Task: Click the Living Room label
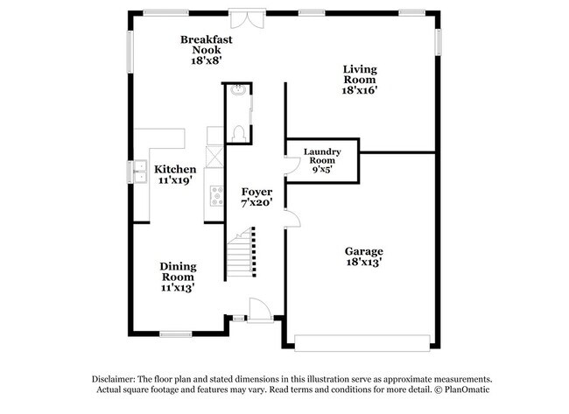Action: tap(359, 70)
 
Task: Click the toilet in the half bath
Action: tap(238, 131)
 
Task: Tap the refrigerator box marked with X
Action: tap(214, 158)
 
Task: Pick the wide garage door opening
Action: tap(362, 340)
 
